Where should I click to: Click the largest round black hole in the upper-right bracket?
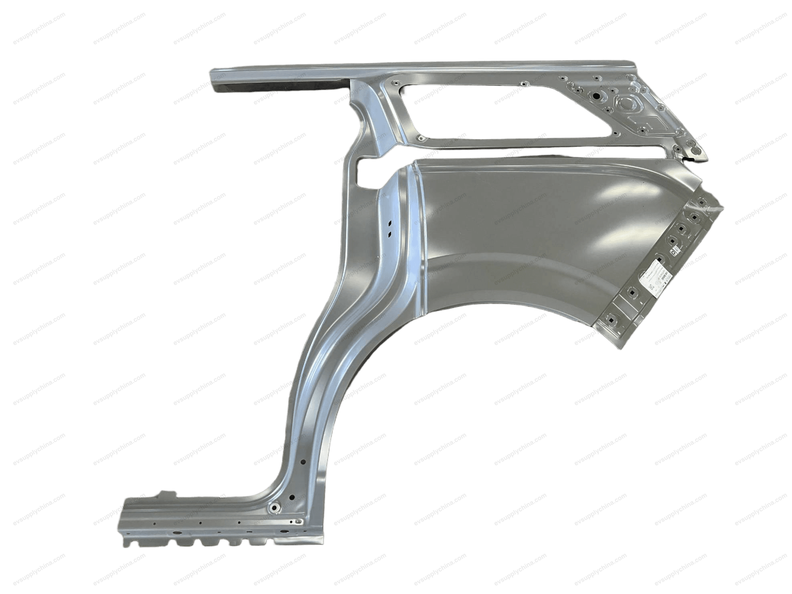click(596, 97)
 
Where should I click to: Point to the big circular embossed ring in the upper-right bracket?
click(626, 103)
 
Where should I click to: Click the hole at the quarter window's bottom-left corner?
click(421, 138)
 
